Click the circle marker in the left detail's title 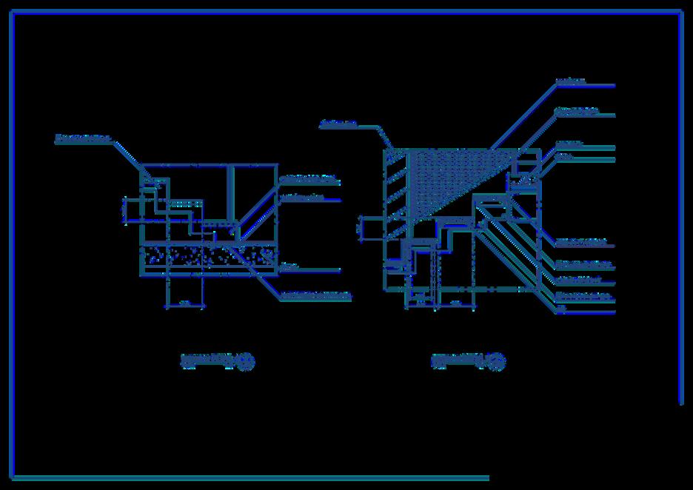tap(247, 362)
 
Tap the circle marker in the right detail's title tap(498, 362)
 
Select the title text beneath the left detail tap(207, 360)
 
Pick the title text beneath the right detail tap(458, 360)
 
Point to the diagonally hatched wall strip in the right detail tap(395, 192)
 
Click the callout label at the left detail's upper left tap(83, 138)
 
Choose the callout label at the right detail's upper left tap(338, 124)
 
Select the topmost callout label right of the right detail tap(570, 81)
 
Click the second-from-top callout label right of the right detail tap(576, 112)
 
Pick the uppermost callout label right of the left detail tap(309, 179)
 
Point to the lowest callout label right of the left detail tap(315, 296)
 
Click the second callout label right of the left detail tap(304, 198)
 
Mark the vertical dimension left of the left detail tap(124, 209)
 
